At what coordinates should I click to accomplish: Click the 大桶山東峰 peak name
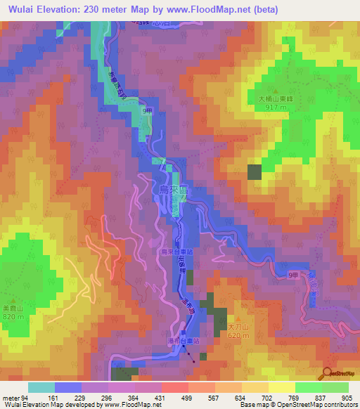point(276,99)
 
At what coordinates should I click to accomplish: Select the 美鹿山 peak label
point(12,309)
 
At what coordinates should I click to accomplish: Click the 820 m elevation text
point(12,318)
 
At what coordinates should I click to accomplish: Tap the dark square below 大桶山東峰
point(254,172)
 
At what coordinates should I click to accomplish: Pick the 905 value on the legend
point(346,398)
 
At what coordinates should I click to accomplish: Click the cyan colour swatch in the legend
point(41,387)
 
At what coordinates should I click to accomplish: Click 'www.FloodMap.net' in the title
point(214,10)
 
